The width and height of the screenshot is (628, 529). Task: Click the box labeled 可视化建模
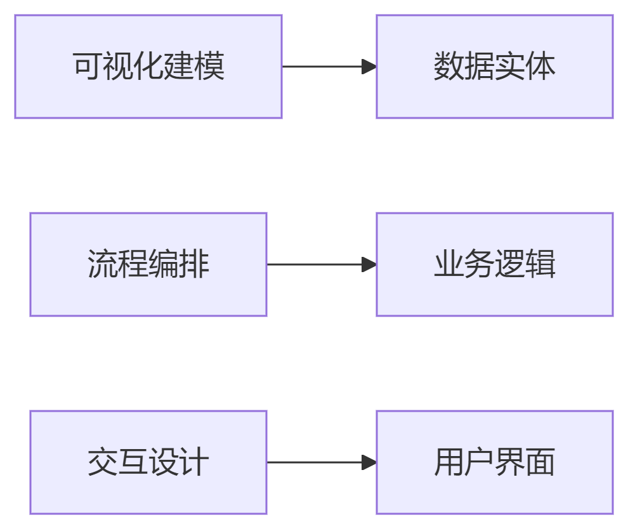[x=148, y=67]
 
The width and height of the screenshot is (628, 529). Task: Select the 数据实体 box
[x=495, y=67]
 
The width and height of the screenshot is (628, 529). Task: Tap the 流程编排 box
[x=148, y=264]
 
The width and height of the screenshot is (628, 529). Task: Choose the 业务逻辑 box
[x=495, y=264]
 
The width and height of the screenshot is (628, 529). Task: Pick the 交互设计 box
[x=148, y=462]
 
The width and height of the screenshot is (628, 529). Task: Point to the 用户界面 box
[x=495, y=462]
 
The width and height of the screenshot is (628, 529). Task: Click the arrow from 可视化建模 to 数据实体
[x=329, y=67]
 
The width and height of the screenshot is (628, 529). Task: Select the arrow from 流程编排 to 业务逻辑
[x=322, y=264]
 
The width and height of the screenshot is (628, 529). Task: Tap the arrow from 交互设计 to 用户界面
[x=322, y=462]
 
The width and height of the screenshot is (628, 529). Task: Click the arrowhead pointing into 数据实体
[x=369, y=67]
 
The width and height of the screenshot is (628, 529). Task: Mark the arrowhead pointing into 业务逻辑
[x=369, y=264]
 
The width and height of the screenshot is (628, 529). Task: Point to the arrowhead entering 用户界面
[x=369, y=462]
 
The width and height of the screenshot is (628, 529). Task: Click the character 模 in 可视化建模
[x=209, y=66]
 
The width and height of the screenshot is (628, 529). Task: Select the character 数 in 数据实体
[x=449, y=66]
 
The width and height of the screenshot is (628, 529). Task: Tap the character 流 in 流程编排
[x=103, y=264]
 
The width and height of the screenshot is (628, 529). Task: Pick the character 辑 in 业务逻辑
[x=540, y=264]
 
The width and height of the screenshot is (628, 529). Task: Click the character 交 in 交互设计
[x=103, y=462]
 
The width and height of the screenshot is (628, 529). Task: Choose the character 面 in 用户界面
[x=540, y=462]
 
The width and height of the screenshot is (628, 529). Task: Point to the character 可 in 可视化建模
[x=88, y=66]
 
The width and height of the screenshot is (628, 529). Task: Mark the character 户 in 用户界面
[x=480, y=462]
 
